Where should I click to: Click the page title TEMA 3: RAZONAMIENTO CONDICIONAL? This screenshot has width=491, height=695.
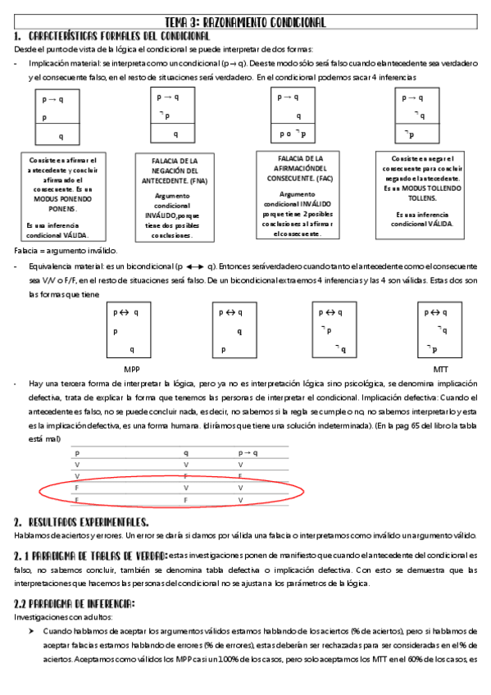(x=245, y=22)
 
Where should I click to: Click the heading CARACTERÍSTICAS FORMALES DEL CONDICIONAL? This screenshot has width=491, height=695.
(x=118, y=37)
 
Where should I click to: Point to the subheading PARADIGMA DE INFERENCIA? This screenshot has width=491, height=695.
(x=75, y=604)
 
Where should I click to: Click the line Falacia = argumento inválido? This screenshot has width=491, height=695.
(x=66, y=250)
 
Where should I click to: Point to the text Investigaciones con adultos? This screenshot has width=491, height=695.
(x=63, y=617)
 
